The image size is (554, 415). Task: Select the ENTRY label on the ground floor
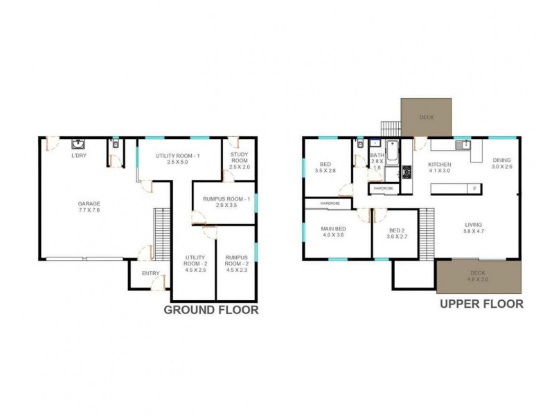click(x=150, y=274)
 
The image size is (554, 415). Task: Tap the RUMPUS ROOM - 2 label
click(x=235, y=264)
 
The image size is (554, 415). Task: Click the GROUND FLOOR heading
click(x=211, y=311)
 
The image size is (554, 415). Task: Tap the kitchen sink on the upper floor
click(x=463, y=145)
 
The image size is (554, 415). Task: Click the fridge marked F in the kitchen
click(x=474, y=188)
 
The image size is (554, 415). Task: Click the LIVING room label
click(x=473, y=228)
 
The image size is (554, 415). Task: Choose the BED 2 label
click(x=396, y=234)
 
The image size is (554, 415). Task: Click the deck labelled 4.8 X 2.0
click(x=478, y=277)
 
